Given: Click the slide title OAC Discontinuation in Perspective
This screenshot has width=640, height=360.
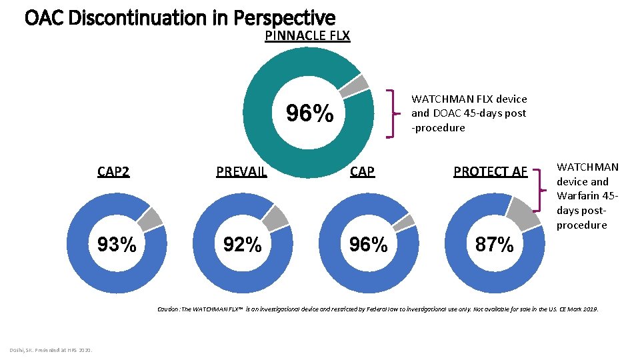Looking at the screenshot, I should [179, 17].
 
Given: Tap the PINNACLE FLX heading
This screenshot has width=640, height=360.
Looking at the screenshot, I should [307, 35].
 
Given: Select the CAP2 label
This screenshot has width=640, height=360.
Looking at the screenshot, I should [113, 171].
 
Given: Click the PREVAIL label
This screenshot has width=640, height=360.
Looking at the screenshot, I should [241, 171].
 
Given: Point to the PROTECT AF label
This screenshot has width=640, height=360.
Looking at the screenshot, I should [490, 171].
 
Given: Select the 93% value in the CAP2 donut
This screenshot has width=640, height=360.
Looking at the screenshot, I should [117, 245].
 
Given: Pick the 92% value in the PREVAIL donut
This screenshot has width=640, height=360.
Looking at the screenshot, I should [242, 245].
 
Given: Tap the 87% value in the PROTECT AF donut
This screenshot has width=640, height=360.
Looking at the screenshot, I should [494, 245].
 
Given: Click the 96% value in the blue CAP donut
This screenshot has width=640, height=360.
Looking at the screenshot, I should [368, 245].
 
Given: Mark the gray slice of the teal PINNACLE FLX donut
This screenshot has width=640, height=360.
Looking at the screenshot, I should [354, 85].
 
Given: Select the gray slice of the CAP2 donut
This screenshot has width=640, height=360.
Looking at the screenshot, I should [151, 217].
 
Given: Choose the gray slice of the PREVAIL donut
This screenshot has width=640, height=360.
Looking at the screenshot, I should [275, 216].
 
